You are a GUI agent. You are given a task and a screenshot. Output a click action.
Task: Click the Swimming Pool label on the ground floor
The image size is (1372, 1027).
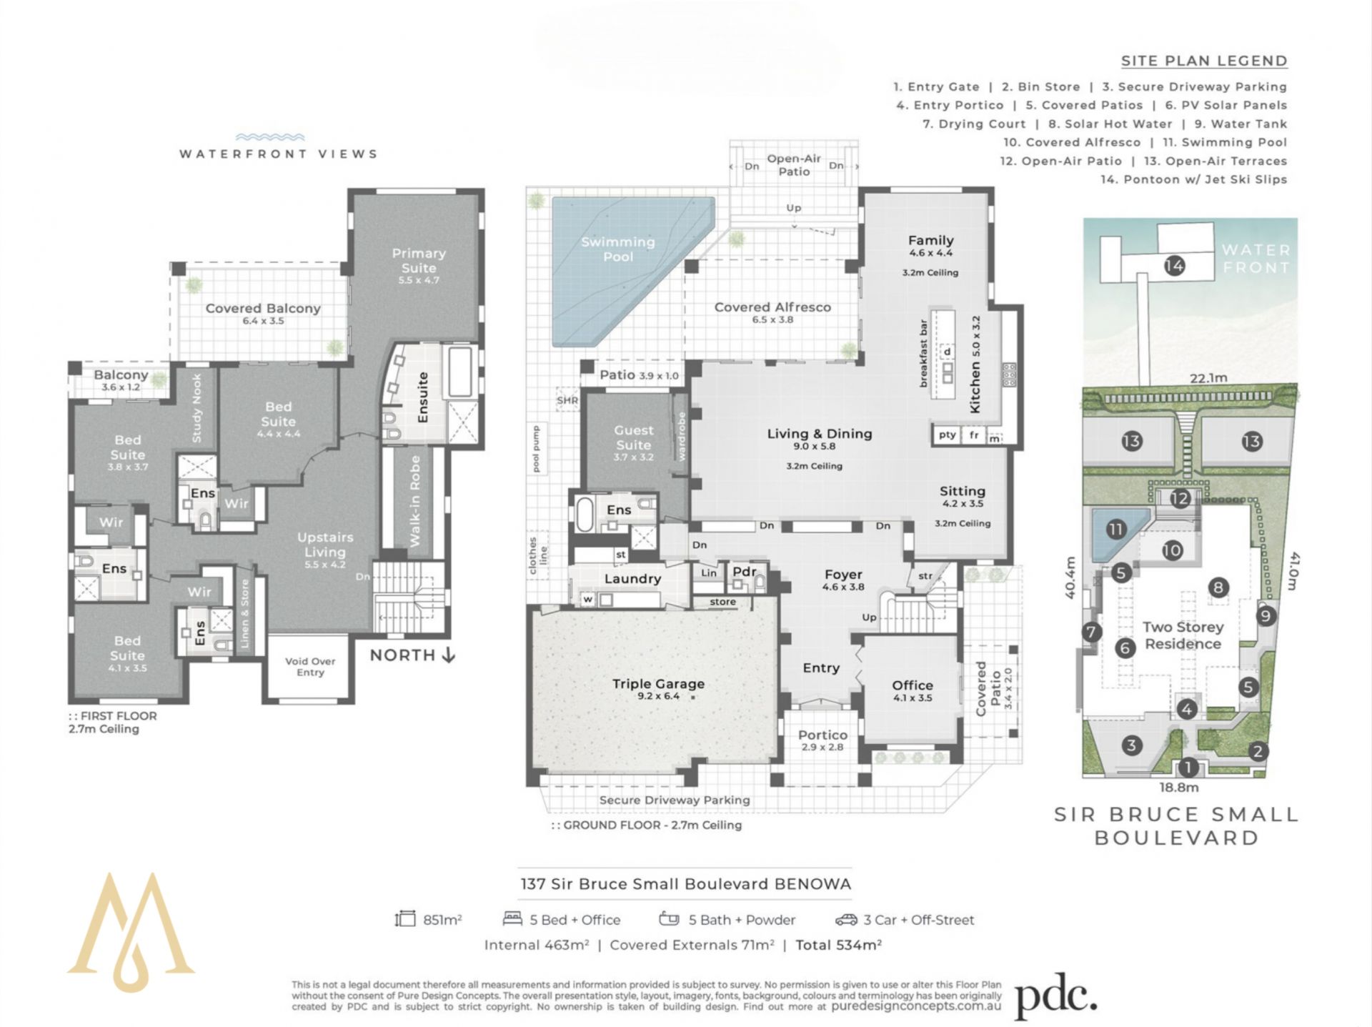click(x=618, y=249)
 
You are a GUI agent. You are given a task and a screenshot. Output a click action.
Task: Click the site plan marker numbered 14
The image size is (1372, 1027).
click(x=1174, y=266)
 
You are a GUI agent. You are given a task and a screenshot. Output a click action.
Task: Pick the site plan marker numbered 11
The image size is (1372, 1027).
click(x=1115, y=529)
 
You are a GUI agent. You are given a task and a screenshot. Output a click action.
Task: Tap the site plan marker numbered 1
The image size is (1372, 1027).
click(x=1188, y=768)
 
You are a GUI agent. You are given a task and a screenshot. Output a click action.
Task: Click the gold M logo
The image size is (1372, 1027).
click(x=131, y=932)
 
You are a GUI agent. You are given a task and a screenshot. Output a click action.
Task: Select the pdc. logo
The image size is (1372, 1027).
click(x=1055, y=996)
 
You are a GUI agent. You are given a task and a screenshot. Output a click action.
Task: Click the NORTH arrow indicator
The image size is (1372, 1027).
click(x=412, y=655)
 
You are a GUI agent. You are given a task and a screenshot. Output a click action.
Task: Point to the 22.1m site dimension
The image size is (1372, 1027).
click(x=1208, y=378)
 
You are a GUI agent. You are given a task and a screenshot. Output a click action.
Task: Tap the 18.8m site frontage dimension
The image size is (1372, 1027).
click(x=1178, y=788)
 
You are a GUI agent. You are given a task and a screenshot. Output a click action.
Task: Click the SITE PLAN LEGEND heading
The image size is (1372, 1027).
click(x=1204, y=61)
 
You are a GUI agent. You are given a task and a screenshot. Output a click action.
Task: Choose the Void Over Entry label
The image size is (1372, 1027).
click(x=310, y=667)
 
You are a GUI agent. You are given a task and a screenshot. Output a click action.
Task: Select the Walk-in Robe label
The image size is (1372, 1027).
click(x=415, y=501)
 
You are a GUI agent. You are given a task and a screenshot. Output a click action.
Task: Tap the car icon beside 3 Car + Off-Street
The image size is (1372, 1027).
click(x=845, y=920)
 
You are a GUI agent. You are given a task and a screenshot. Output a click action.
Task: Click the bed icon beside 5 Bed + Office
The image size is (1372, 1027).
click(x=512, y=918)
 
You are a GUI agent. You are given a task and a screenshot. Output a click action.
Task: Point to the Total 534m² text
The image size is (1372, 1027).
click(x=838, y=945)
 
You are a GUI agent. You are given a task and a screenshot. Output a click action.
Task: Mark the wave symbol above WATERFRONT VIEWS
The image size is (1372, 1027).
click(x=270, y=137)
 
